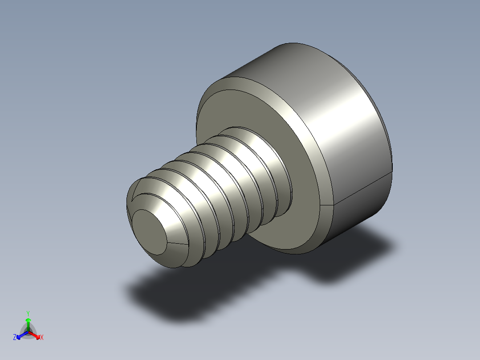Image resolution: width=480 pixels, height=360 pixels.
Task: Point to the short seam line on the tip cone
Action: click(177, 243)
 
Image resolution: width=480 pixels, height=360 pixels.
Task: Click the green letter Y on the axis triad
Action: click(28, 313)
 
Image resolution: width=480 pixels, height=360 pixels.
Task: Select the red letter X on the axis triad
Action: click(42, 338)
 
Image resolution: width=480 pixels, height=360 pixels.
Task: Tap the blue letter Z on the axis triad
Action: click(15, 338)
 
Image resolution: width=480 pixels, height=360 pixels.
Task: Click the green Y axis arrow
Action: click(28, 323)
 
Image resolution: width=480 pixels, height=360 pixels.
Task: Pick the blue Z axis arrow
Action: click(20, 335)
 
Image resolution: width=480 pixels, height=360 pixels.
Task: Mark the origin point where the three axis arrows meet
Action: click(28, 331)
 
